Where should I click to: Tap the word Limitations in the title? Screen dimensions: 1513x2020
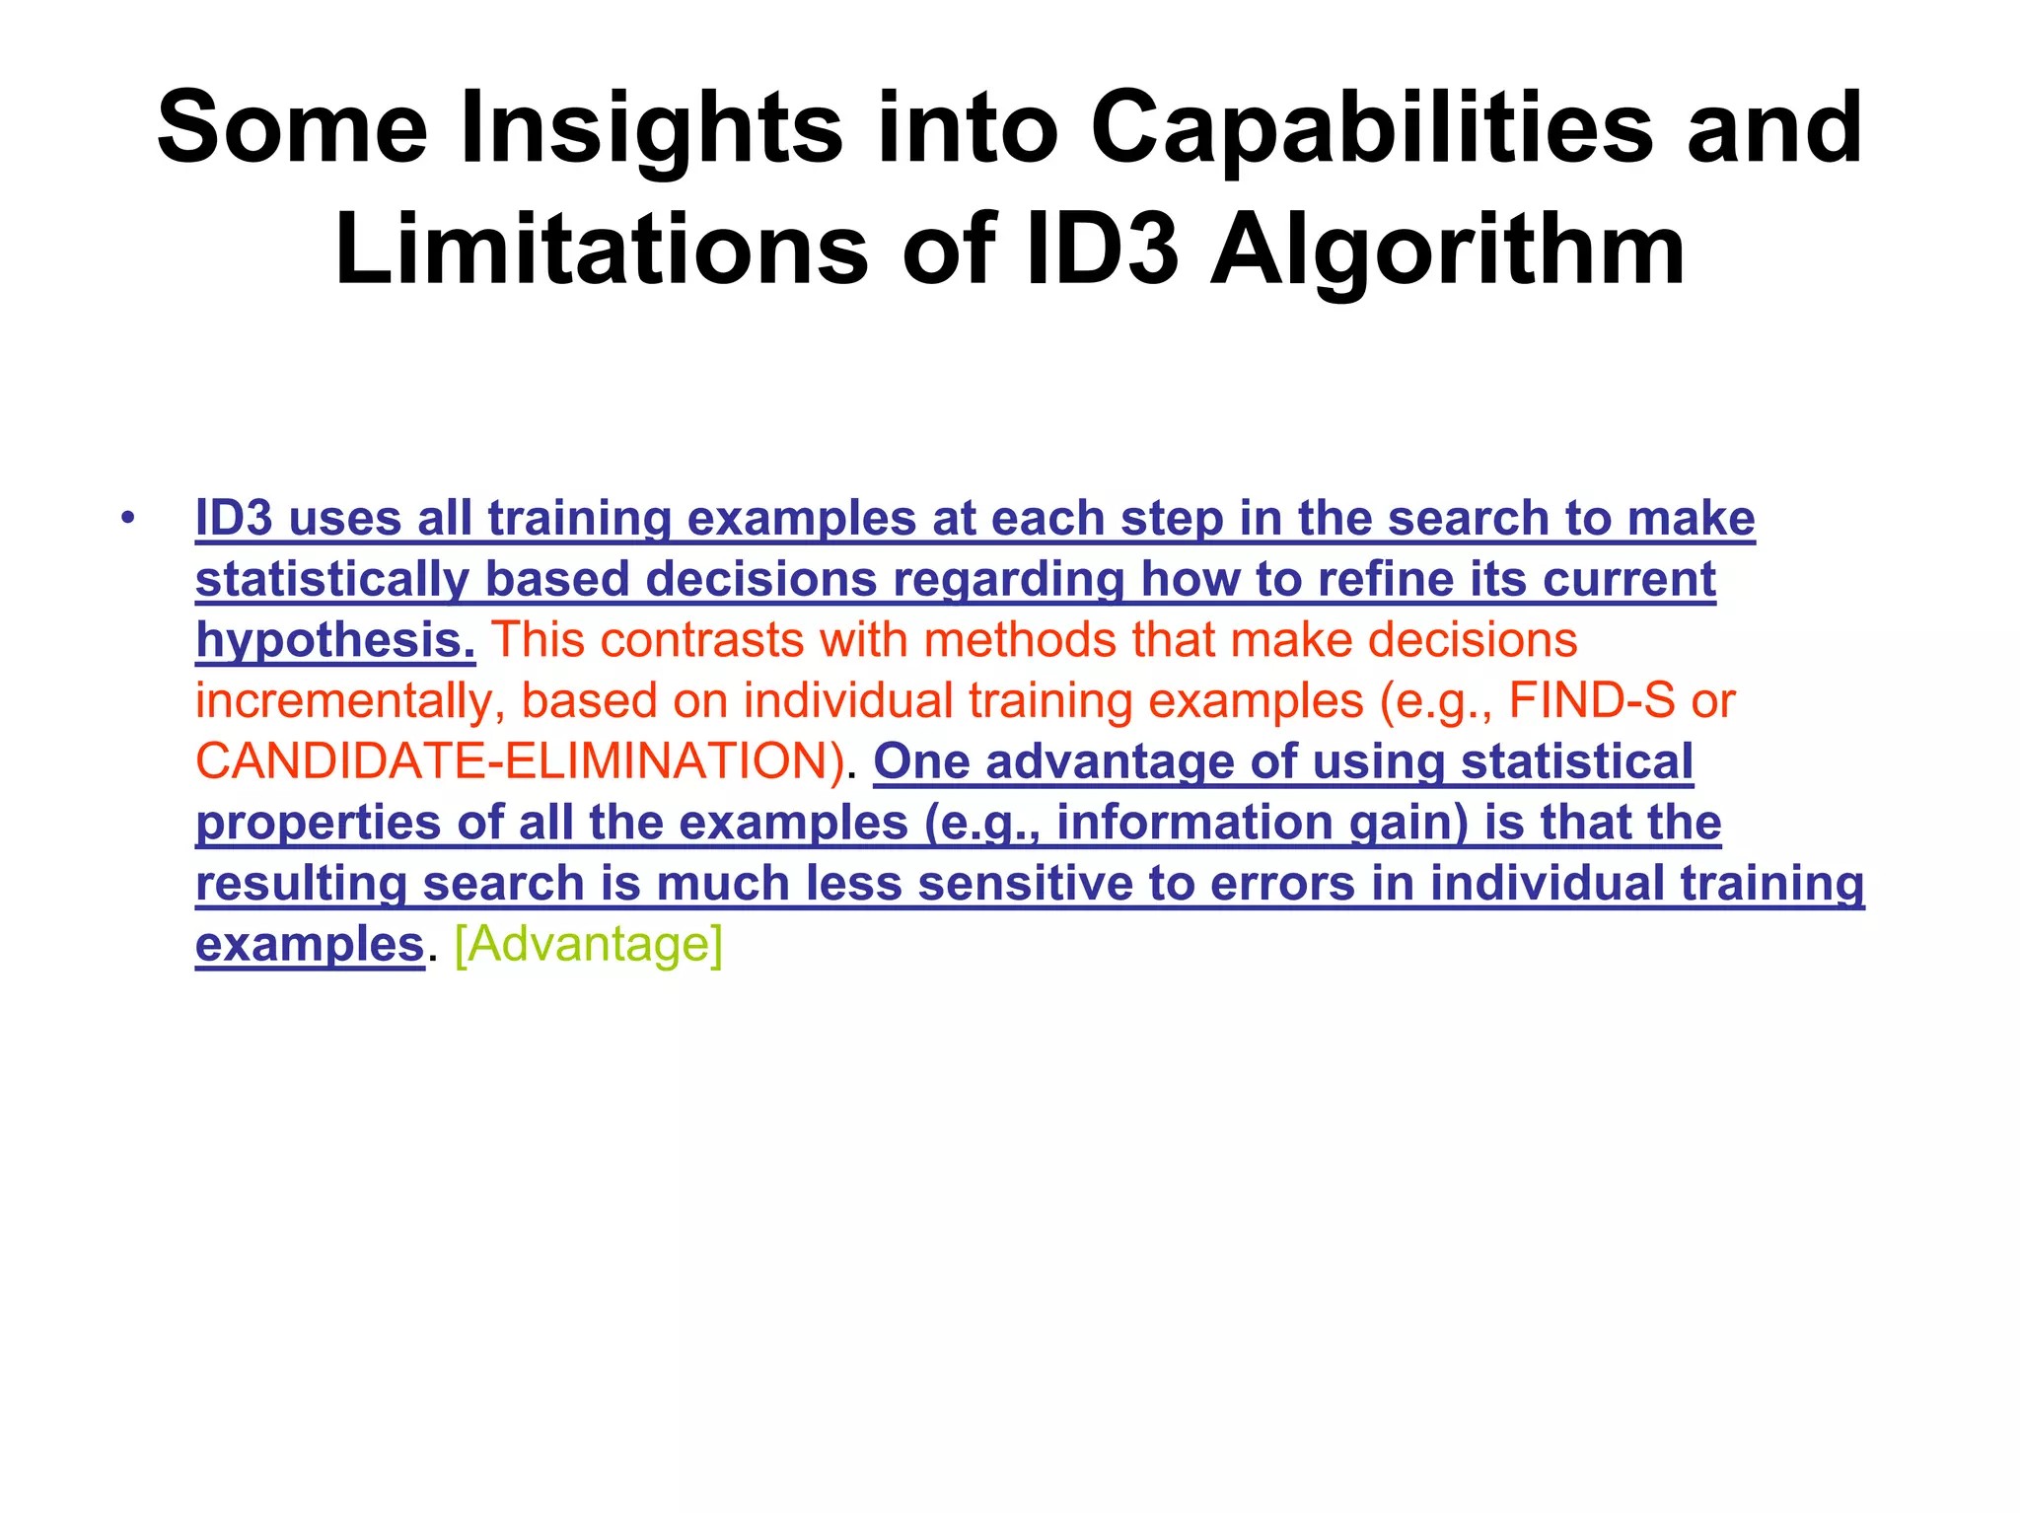(602, 251)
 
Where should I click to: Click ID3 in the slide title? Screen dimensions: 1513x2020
(1102, 251)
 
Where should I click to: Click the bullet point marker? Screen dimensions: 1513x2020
(125, 519)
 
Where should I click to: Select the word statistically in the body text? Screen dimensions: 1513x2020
(331, 580)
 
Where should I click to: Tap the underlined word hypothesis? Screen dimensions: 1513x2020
(335, 641)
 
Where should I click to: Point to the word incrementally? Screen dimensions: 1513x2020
(349, 701)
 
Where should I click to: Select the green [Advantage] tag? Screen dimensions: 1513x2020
(589, 944)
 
